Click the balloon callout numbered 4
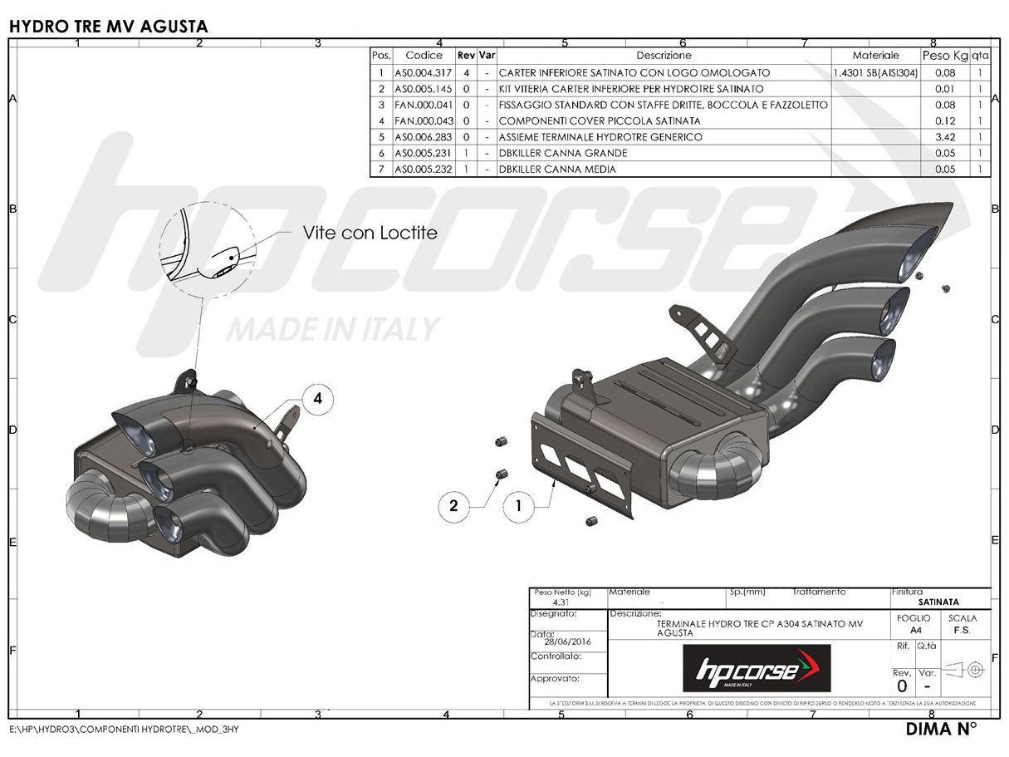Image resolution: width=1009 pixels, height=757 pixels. coord(317,400)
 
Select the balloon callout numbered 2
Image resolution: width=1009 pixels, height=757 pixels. coord(453,505)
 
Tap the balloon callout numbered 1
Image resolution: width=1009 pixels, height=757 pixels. coord(519,505)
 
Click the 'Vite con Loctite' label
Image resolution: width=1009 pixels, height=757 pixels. coord(370,233)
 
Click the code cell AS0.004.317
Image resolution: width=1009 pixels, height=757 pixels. coord(424,72)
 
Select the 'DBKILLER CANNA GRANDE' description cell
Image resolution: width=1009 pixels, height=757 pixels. coord(563,153)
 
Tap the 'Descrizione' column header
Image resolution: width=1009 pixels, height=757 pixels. coord(664,56)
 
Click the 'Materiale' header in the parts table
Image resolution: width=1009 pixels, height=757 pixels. coord(875,56)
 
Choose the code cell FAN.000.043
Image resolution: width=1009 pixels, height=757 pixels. coord(424,121)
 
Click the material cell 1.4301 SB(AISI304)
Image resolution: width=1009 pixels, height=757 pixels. coord(875,72)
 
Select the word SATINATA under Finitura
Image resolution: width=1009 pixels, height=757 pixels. coord(938,602)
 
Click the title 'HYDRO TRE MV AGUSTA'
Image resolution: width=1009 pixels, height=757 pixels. coord(108,27)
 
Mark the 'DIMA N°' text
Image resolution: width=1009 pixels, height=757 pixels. coord(941,730)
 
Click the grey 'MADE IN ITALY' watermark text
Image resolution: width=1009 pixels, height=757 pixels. coord(332,329)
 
